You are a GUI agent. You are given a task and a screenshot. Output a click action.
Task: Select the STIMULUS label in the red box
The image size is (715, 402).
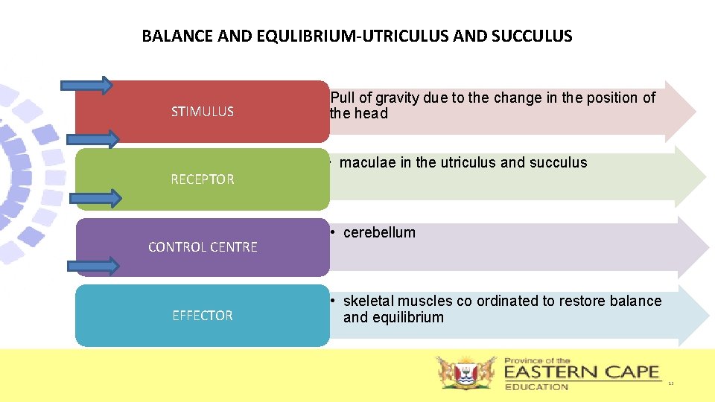[203, 112]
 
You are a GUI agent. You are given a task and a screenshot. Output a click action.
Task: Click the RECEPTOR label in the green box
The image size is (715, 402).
[203, 179]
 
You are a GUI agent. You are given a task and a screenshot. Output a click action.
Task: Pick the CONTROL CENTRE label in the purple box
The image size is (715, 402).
[203, 247]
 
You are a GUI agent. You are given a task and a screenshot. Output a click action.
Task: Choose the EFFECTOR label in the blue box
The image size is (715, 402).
[203, 316]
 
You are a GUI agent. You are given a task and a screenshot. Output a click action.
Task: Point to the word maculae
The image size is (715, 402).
[368, 162]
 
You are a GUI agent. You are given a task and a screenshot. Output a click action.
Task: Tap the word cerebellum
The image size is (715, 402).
[379, 232]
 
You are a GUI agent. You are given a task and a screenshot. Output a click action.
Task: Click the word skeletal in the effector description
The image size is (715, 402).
[368, 301]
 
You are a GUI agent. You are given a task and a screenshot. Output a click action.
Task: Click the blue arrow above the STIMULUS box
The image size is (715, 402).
[94, 85]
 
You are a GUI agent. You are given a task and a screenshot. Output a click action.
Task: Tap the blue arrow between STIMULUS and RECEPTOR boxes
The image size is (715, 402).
[94, 139]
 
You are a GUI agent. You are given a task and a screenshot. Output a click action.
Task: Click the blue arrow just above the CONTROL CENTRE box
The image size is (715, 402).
[95, 197]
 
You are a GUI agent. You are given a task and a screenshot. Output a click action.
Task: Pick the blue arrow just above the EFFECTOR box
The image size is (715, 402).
[94, 266]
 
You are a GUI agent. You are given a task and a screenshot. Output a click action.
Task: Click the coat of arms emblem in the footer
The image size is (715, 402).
[466, 372]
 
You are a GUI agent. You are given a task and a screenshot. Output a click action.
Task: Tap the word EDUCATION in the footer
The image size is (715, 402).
[536, 386]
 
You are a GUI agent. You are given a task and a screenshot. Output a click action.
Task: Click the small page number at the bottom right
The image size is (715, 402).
[670, 383]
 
